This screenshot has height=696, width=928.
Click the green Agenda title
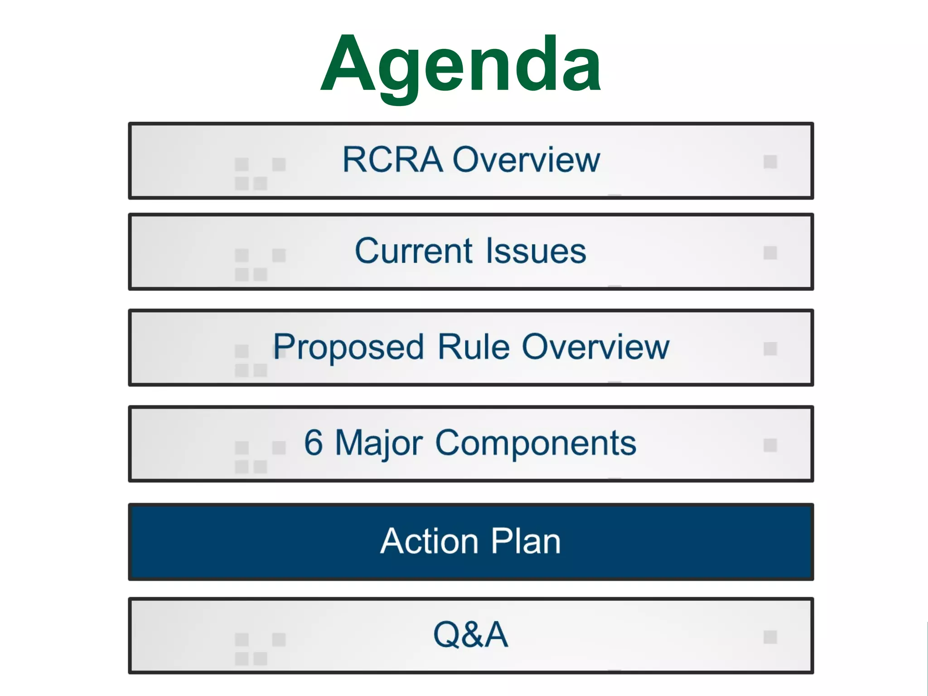(460, 66)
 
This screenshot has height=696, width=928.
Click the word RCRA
(392, 159)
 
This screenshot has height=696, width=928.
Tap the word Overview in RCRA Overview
(527, 159)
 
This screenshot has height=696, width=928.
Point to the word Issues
(536, 251)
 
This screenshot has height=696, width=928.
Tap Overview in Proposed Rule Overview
(595, 347)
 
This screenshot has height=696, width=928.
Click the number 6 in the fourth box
(314, 443)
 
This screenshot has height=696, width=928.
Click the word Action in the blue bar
(429, 541)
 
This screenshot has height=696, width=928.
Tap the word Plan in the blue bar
(526, 541)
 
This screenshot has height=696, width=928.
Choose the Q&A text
(470, 634)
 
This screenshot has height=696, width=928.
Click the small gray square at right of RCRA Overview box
(770, 162)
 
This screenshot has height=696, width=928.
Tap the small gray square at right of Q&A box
(770, 637)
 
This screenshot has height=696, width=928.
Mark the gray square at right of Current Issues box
(770, 253)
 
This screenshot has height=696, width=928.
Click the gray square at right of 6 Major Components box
(770, 445)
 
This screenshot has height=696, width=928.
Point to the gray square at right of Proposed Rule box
(770, 349)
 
